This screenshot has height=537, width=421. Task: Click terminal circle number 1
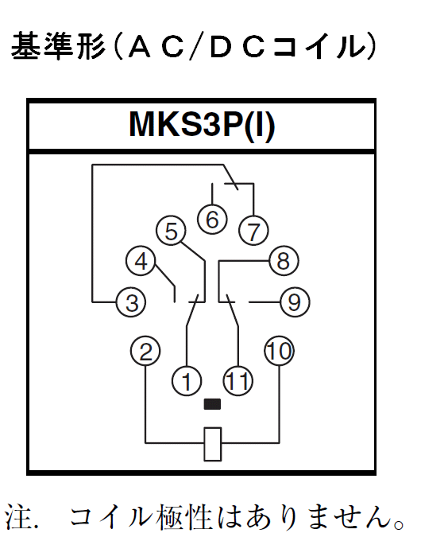pyautogui.click(x=187, y=382)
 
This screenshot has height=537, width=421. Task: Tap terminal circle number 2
pyautogui.click(x=145, y=351)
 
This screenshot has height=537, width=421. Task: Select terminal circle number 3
pyautogui.click(x=132, y=302)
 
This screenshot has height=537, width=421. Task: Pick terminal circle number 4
pyautogui.click(x=141, y=261)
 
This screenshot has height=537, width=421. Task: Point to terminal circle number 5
pyautogui.click(x=171, y=231)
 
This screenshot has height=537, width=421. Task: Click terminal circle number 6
pyautogui.click(x=212, y=220)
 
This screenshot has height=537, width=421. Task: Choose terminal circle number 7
pyautogui.click(x=253, y=231)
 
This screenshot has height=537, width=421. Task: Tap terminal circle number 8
pyautogui.click(x=284, y=261)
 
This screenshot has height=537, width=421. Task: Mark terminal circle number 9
pyautogui.click(x=295, y=302)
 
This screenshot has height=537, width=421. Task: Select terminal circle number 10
pyautogui.click(x=280, y=351)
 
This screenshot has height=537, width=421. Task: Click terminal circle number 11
pyautogui.click(x=238, y=382)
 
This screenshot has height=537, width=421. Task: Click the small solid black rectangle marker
pyautogui.click(x=212, y=404)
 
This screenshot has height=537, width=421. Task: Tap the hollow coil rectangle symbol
pyautogui.click(x=212, y=444)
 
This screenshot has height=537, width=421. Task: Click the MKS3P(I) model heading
pyautogui.click(x=202, y=126)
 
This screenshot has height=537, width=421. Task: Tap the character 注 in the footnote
pyautogui.click(x=19, y=517)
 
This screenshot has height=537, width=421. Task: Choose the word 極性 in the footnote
pyautogui.click(x=184, y=517)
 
